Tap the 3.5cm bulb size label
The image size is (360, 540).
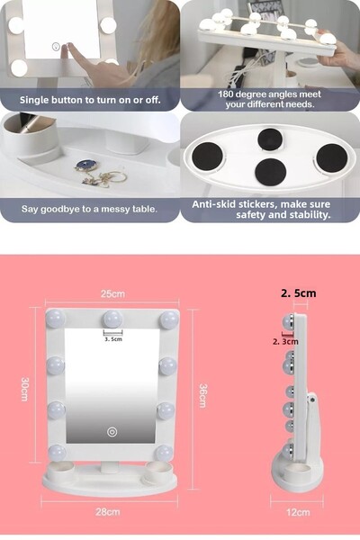[112, 339]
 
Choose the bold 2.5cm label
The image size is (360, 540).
[298, 292]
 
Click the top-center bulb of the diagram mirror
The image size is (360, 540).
[112, 319]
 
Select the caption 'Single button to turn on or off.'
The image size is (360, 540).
[90, 99]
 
